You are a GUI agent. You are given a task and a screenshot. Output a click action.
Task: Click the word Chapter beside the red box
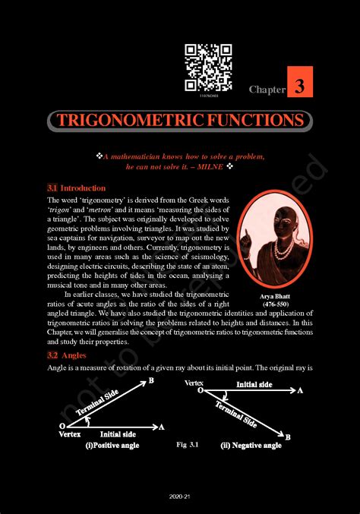point(267,90)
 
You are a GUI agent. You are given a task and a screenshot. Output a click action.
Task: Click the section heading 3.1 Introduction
point(76,188)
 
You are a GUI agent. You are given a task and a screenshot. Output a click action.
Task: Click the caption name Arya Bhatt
point(273,296)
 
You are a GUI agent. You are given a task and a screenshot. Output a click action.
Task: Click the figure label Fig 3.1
point(186,443)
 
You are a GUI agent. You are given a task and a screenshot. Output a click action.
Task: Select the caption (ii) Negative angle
point(251,445)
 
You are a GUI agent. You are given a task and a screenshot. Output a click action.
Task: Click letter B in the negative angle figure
point(287,437)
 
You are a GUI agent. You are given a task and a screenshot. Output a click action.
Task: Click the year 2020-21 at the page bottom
point(180,495)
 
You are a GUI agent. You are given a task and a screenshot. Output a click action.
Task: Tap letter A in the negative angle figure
point(301,390)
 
